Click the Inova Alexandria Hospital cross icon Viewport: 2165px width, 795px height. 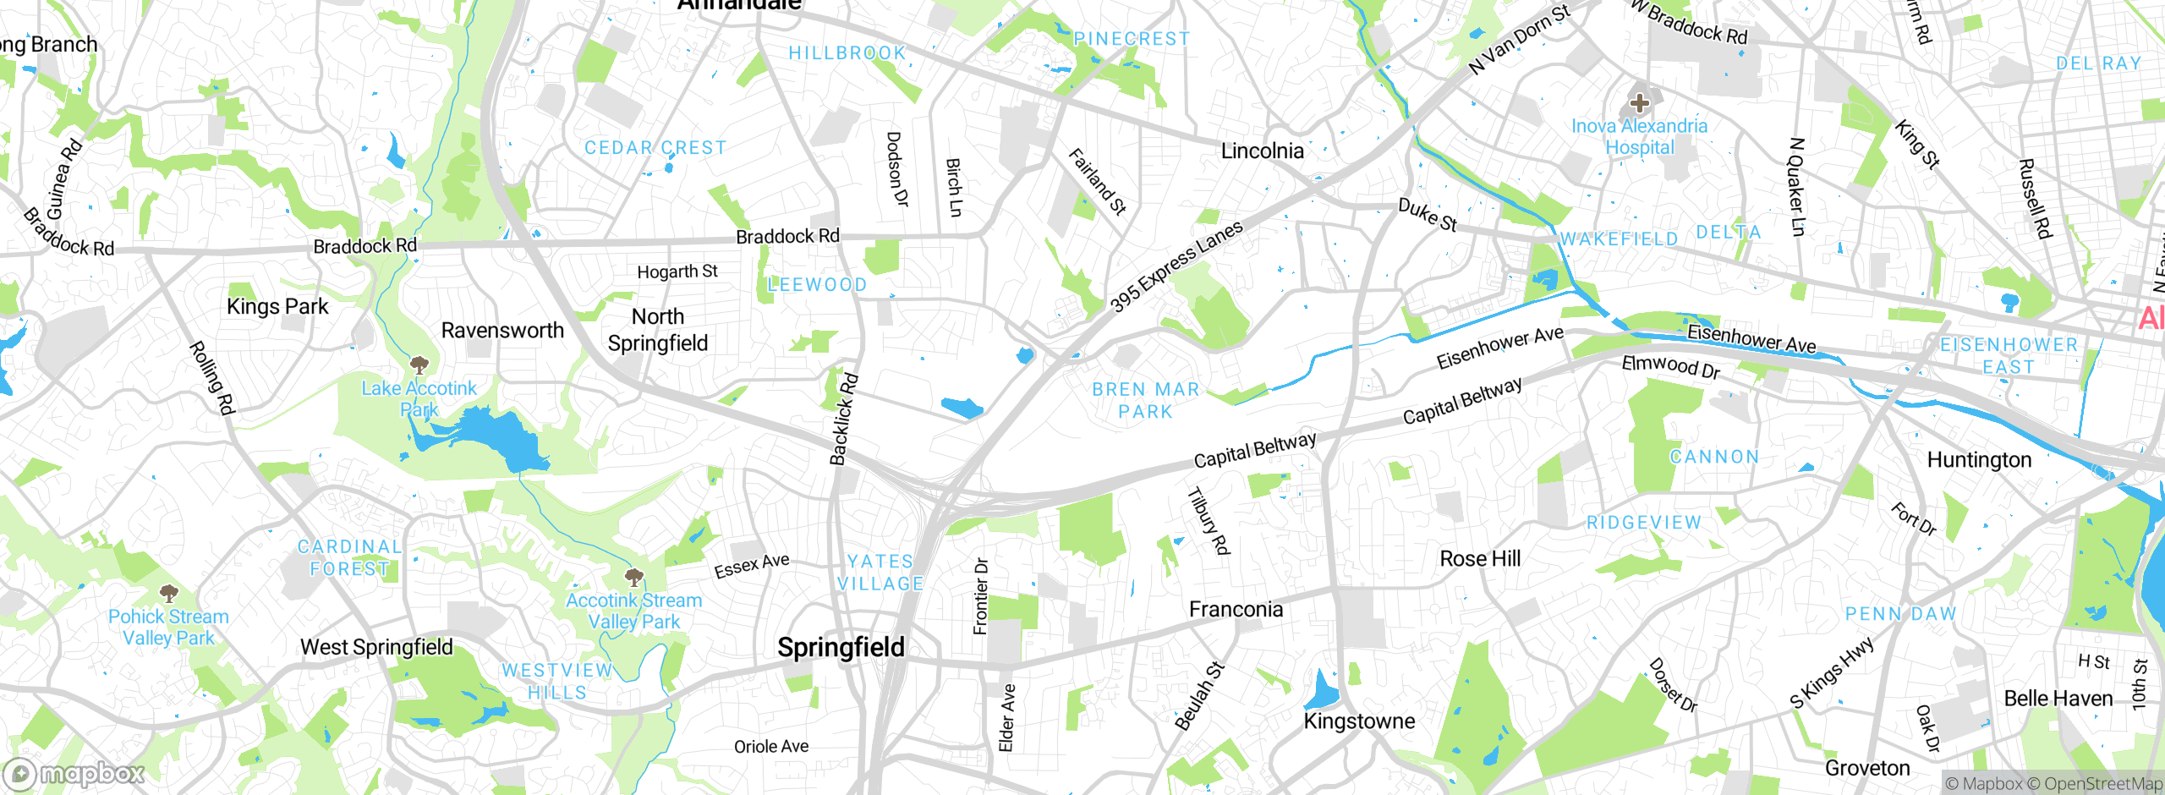click(1639, 103)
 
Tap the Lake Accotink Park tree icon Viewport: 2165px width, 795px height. click(419, 365)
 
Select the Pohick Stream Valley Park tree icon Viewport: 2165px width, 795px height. click(168, 593)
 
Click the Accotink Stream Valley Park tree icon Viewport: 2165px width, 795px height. click(633, 578)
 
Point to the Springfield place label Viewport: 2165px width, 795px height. click(841, 648)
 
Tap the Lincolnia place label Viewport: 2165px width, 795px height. click(1262, 151)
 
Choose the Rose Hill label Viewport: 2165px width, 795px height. click(1479, 559)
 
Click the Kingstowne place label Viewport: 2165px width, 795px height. click(1359, 721)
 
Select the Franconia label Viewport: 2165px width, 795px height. click(1236, 610)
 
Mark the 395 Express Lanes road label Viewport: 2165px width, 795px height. click(1176, 266)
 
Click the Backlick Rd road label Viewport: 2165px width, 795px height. click(843, 419)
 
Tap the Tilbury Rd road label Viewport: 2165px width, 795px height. click(1208, 521)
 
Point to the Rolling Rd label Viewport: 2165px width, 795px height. click(210, 377)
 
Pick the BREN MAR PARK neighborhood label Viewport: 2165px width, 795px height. click(1145, 401)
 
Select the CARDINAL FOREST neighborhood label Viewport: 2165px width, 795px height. click(349, 558)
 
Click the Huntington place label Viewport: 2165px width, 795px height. click(1978, 460)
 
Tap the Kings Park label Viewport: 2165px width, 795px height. click(277, 307)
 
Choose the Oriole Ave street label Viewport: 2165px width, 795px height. click(770, 747)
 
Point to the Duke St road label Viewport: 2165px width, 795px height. click(1427, 215)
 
